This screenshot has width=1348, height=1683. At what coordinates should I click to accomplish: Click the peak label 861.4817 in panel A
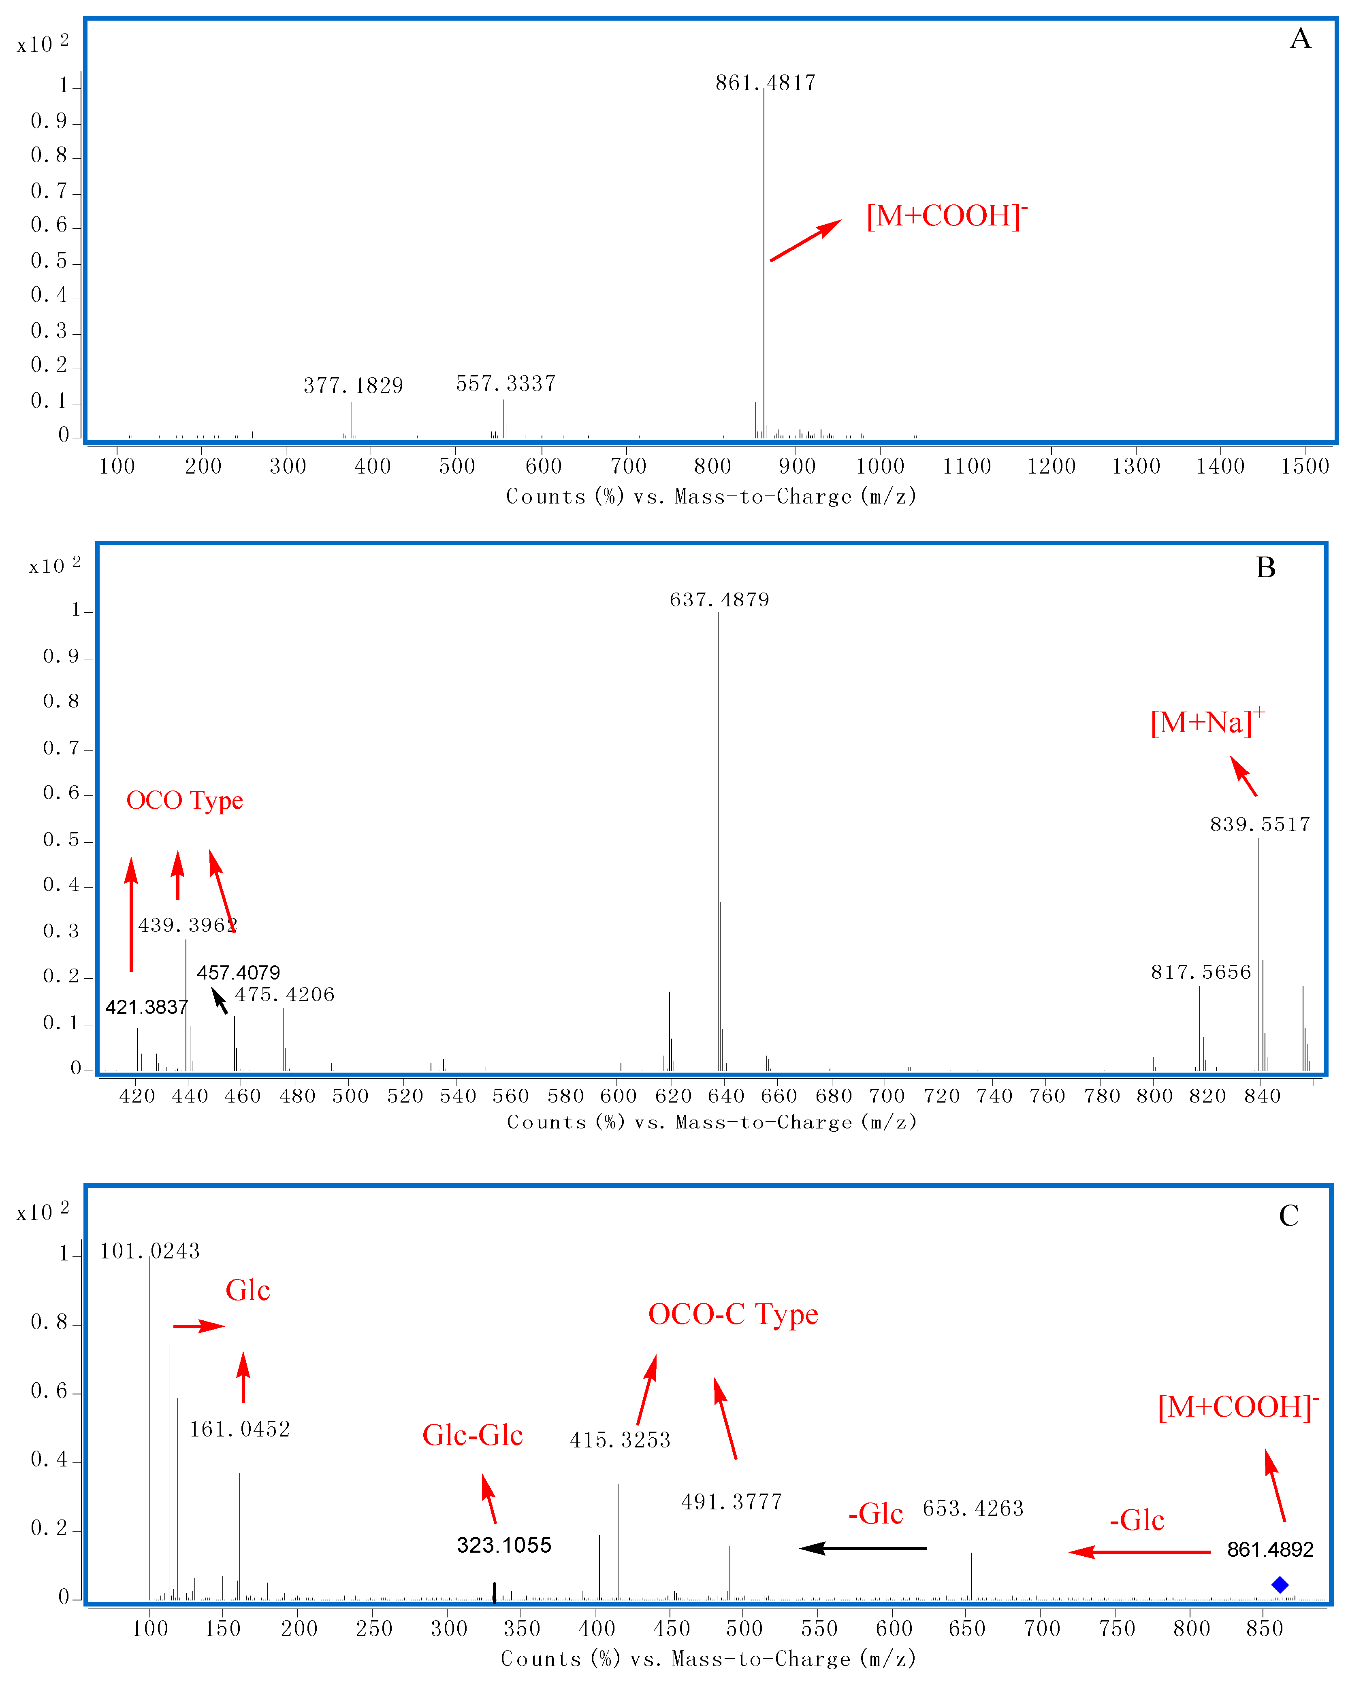tap(766, 83)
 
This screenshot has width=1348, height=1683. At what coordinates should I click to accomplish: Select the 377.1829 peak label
tap(353, 386)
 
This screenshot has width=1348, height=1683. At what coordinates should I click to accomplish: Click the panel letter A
tap(1299, 38)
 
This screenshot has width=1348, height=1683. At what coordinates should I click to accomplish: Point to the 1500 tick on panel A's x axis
tap(1304, 466)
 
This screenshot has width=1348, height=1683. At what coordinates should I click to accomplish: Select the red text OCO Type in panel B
tap(184, 800)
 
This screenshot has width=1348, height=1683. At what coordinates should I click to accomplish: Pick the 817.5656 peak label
tap(1201, 972)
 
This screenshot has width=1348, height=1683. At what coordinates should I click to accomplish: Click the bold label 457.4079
tap(238, 973)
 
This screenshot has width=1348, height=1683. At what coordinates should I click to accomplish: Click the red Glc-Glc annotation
tap(473, 1435)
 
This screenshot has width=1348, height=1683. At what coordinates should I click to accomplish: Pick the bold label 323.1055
tap(504, 1545)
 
